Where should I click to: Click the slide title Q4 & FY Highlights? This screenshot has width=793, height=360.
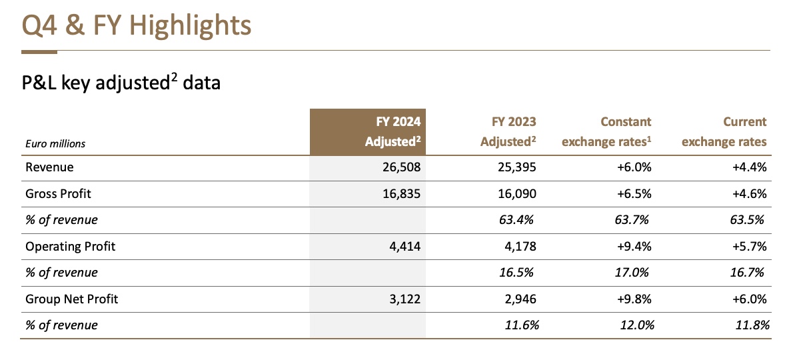136,26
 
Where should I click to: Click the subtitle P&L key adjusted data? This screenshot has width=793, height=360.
121,83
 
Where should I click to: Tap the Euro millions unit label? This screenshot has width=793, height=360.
55,143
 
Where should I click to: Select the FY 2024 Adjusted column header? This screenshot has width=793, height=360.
393,131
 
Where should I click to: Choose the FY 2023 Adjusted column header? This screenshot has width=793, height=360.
508,131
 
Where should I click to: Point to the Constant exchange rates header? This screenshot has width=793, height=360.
606,131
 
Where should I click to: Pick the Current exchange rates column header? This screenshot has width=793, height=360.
724,131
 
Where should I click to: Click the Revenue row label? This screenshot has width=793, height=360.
49,167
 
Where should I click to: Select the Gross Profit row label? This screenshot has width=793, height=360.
58,193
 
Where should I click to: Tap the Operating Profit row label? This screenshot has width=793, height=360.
70,246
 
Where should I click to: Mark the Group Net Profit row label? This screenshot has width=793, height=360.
72,299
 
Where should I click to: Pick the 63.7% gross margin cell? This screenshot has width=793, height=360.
632,220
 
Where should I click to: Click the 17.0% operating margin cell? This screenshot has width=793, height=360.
632,273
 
